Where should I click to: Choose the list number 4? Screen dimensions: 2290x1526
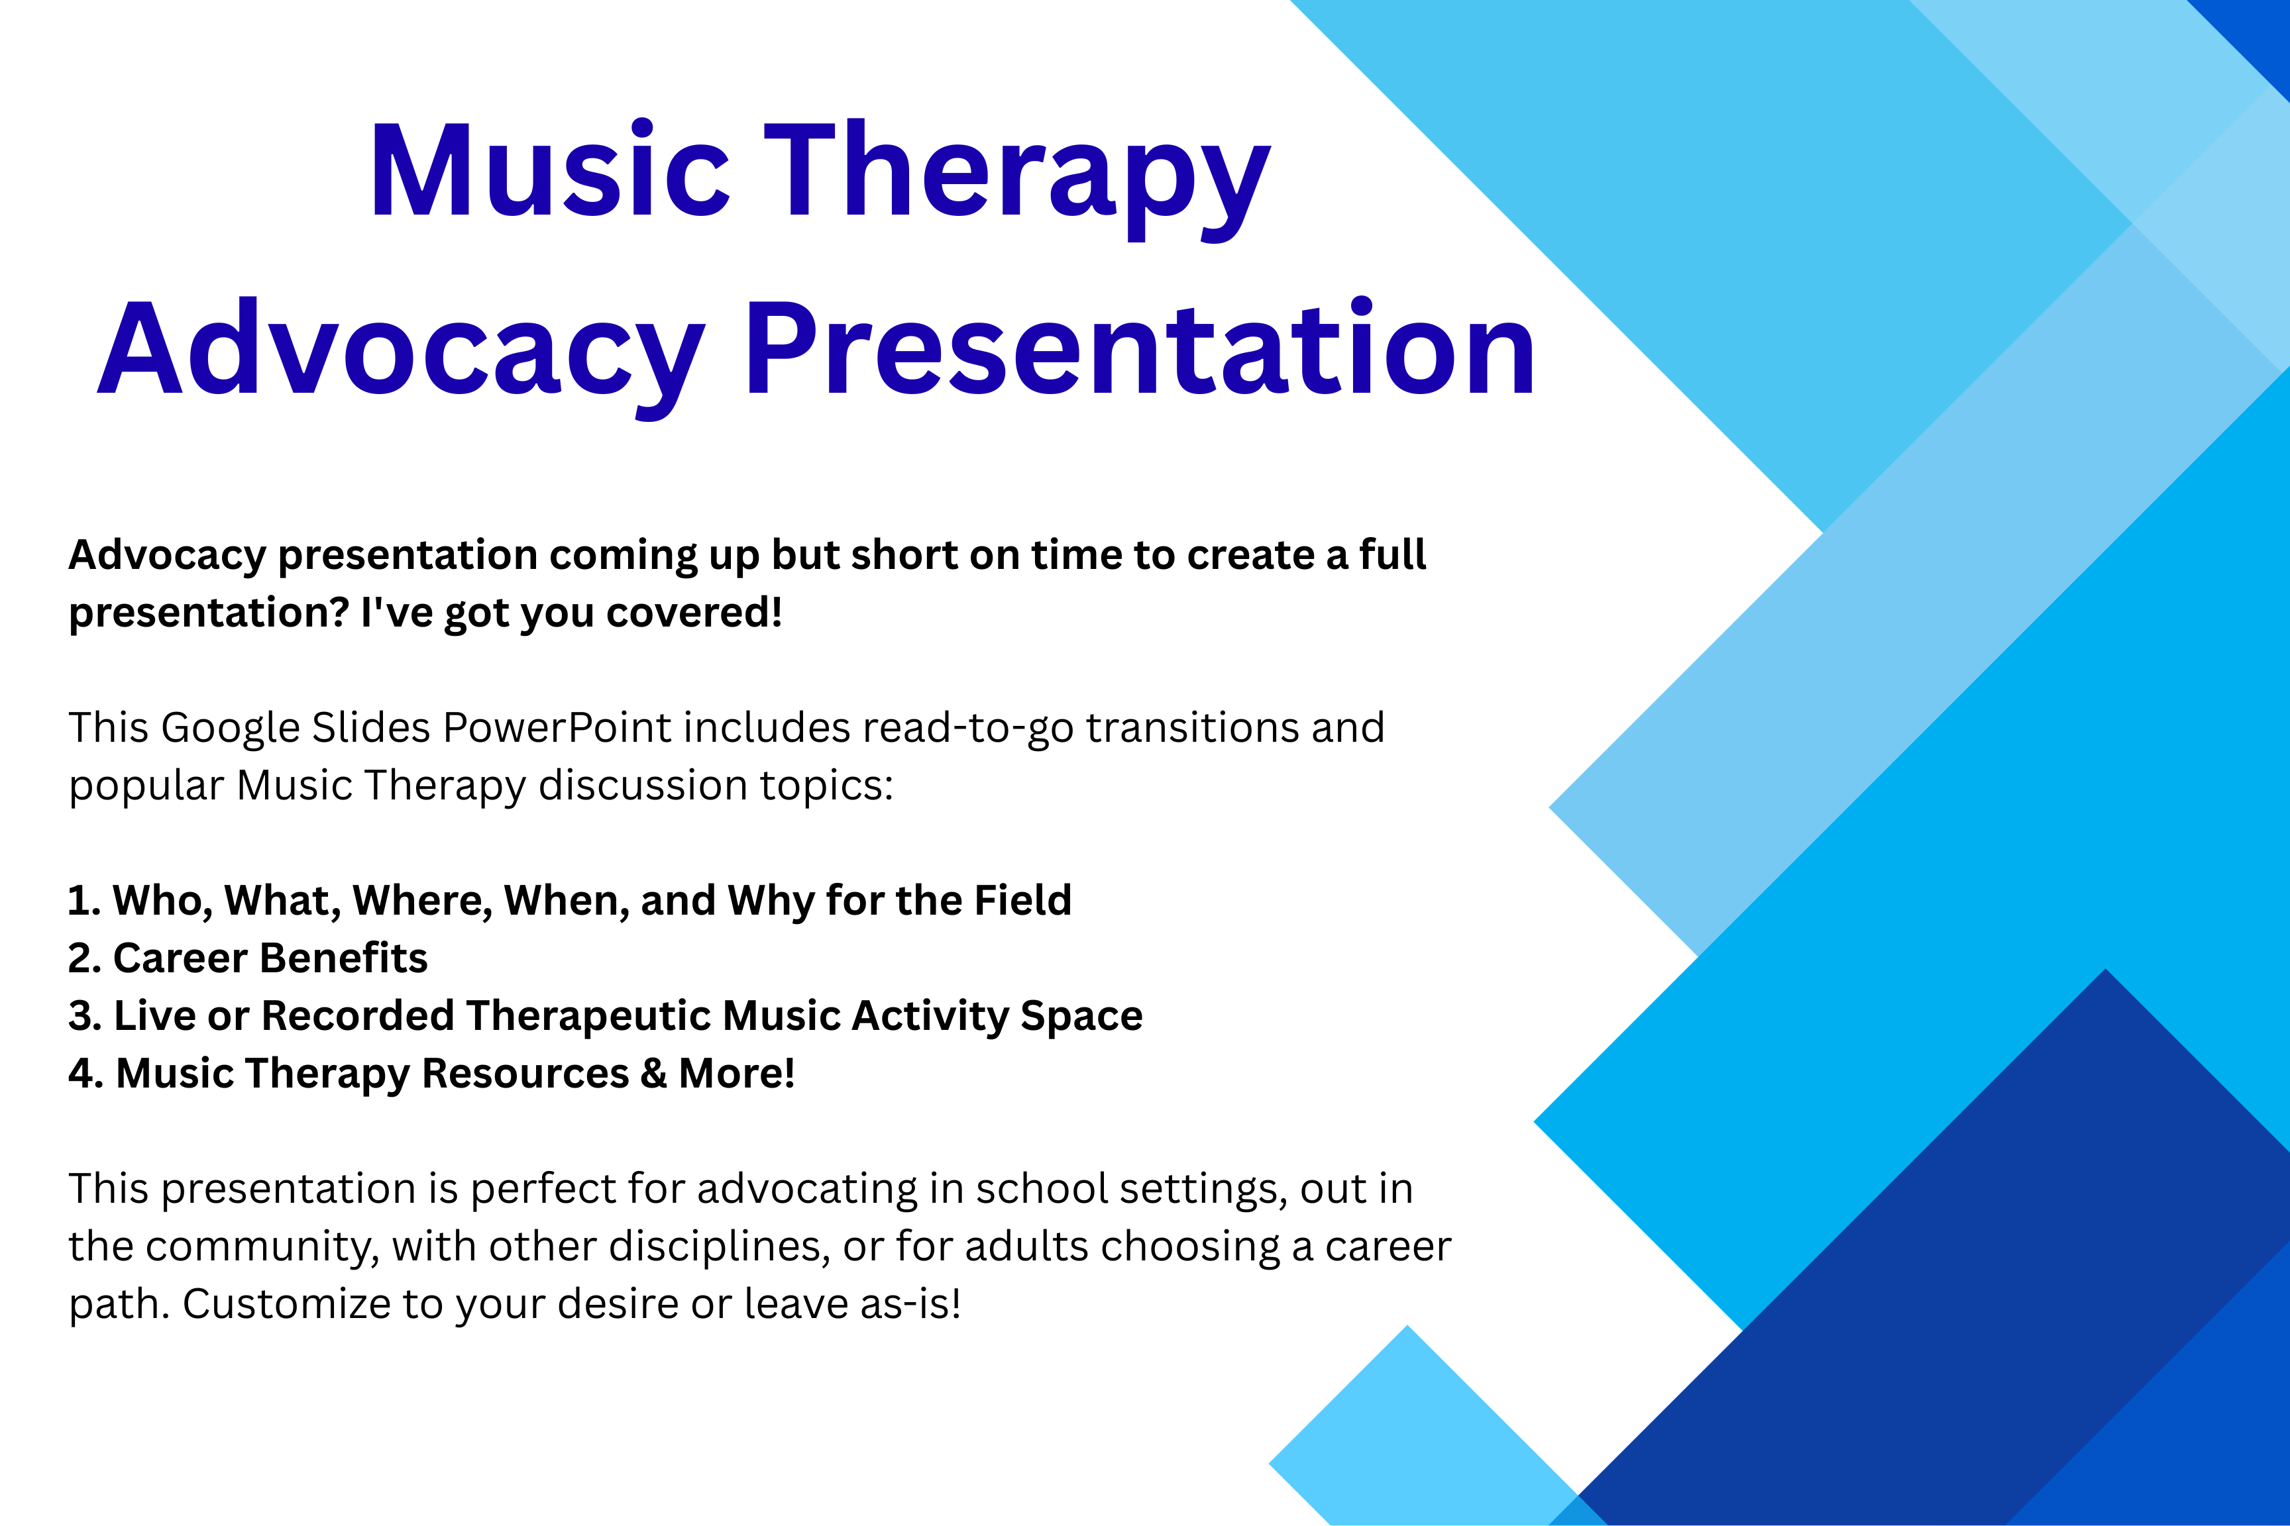click(85, 1074)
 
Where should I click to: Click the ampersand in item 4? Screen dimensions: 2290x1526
click(653, 1074)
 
